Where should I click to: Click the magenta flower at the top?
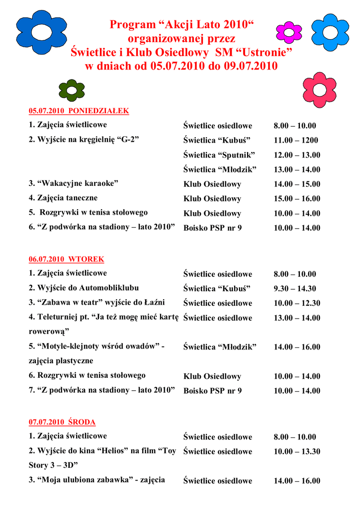click(289, 32)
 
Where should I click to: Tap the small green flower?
click(72, 90)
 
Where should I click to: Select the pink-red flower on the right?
click(319, 89)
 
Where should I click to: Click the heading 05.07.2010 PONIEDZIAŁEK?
click(79, 111)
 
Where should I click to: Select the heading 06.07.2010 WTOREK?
click(66, 259)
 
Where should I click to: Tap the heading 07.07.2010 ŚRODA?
click(62, 422)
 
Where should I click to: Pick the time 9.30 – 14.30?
click(295, 288)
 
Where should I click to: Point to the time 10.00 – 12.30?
click(297, 303)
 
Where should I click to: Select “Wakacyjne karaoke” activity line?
click(73, 183)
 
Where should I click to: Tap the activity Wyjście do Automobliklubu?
click(84, 288)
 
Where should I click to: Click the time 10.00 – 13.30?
click(297, 451)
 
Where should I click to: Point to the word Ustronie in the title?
click(265, 52)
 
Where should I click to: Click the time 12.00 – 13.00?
click(297, 155)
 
